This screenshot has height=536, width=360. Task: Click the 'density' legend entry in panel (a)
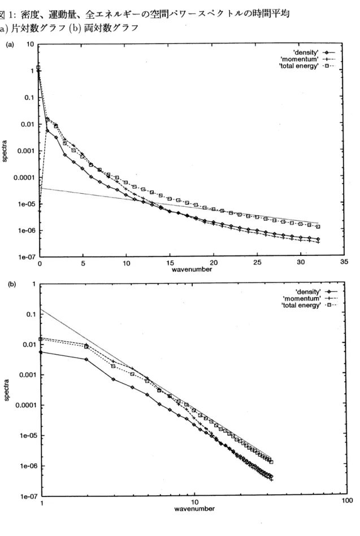(x=306, y=53)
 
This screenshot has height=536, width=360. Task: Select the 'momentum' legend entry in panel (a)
(x=300, y=59)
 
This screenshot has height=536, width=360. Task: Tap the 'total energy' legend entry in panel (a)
(x=298, y=66)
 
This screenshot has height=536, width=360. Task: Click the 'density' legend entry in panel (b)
(x=308, y=291)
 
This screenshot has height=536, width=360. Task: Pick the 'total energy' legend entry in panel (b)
(x=301, y=305)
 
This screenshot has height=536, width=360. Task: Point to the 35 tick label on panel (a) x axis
(x=344, y=262)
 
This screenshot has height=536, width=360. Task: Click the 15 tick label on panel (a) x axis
(x=170, y=263)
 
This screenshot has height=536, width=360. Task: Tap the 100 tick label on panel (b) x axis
(x=347, y=501)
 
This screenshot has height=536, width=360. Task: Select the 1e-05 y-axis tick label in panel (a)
(x=25, y=204)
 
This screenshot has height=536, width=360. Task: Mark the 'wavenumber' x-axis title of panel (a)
(x=192, y=269)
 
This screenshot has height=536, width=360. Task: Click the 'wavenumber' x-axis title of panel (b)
(x=194, y=509)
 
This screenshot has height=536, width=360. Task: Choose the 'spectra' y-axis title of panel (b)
(x=7, y=390)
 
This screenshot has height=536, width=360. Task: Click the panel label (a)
(x=11, y=45)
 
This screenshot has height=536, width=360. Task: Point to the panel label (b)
(x=12, y=284)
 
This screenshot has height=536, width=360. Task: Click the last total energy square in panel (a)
(x=318, y=226)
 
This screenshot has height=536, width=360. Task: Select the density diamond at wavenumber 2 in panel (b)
(x=86, y=359)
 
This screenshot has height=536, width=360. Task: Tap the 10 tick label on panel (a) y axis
(x=30, y=45)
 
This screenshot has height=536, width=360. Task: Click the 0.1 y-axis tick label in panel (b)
(x=31, y=315)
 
